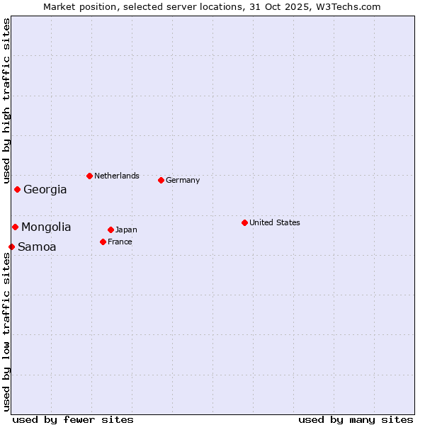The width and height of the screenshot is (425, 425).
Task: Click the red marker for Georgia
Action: (17, 189)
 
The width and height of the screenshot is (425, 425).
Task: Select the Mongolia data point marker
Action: (15, 227)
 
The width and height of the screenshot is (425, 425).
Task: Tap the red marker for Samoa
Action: (11, 246)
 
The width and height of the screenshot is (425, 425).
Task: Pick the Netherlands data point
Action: (89, 176)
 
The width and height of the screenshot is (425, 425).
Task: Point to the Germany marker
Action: (161, 180)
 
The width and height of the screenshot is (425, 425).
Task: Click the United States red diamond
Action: (244, 222)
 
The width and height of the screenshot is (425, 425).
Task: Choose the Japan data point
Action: (110, 229)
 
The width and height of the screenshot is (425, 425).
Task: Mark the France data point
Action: (103, 242)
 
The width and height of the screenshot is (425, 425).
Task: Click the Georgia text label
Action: (45, 190)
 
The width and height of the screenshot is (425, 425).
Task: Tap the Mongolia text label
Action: (46, 227)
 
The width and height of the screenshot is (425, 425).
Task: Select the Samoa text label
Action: (37, 247)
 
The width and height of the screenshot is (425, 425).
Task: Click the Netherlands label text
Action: (117, 176)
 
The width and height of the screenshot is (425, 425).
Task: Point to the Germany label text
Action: (183, 180)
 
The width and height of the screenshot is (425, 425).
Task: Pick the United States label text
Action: (275, 222)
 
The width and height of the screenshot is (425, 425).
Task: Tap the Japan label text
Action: (126, 229)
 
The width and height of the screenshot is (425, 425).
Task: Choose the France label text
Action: (120, 242)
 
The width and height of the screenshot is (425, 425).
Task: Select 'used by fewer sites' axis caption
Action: (73, 419)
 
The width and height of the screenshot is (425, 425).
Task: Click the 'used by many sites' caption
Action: (356, 419)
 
